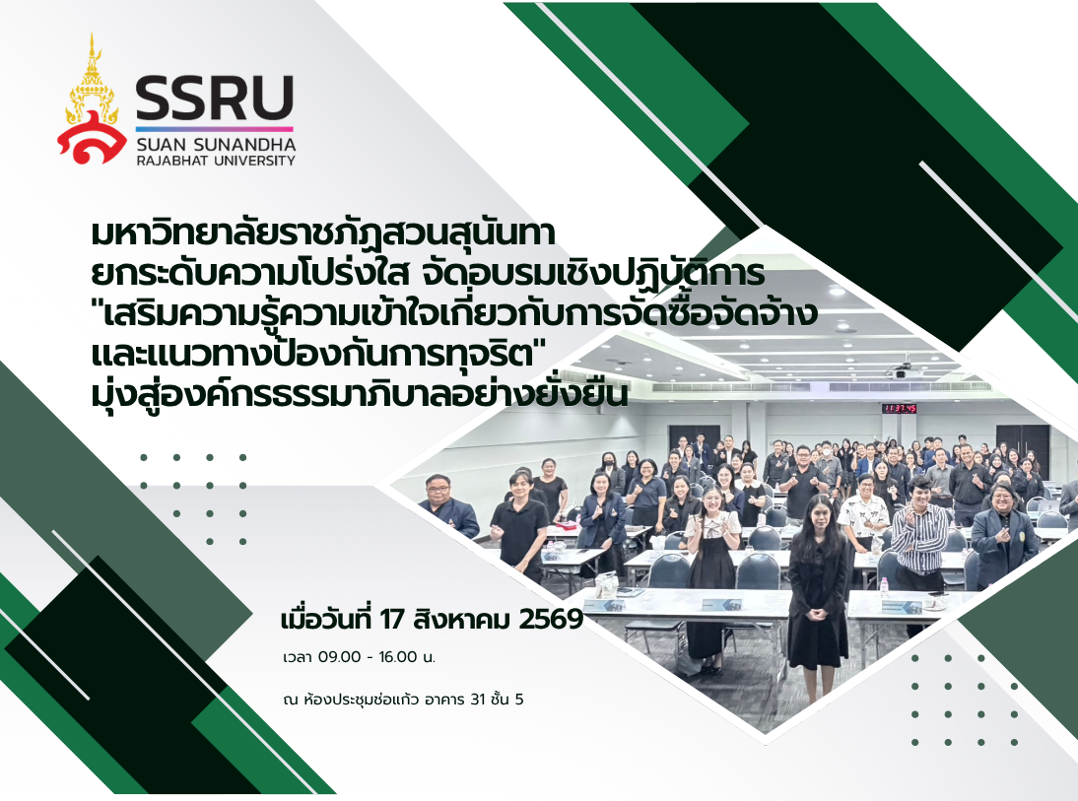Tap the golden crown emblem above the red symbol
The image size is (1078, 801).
click(92, 78)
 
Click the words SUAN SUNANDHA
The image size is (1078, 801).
click(216, 145)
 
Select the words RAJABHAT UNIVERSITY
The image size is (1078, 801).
click(216, 161)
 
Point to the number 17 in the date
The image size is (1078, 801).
click(392, 620)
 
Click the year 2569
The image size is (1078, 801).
click(551, 620)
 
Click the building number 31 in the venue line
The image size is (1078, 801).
click(478, 700)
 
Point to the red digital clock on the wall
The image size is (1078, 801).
click(900, 409)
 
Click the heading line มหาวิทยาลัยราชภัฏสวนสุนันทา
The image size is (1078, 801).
click(323, 234)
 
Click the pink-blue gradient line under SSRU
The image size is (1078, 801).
click(215, 128)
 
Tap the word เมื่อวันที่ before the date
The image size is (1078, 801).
click(326, 619)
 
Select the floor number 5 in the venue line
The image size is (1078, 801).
click(519, 700)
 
